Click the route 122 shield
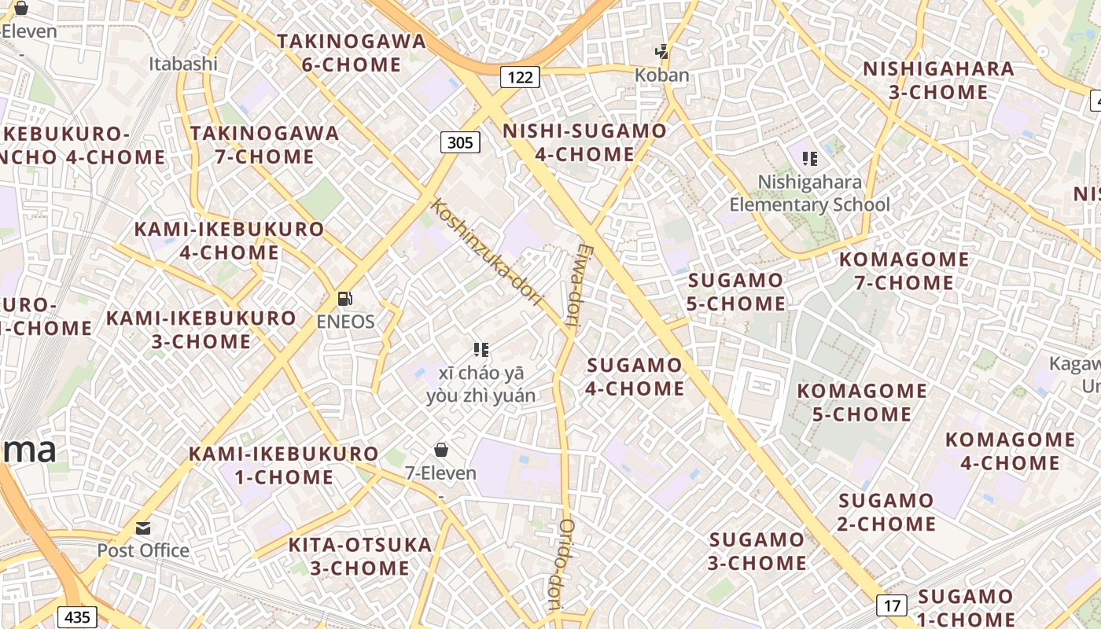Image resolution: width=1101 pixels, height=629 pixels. pos(520,76)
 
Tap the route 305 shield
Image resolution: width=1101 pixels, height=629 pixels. pos(459,142)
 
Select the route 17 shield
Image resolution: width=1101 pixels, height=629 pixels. pos(891,605)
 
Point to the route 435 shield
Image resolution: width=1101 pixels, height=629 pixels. pos(77,616)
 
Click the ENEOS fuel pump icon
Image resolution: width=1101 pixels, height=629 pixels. pos(344,299)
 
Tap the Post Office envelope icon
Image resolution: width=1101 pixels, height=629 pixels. pos(143,528)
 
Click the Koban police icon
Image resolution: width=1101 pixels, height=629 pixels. pos(662,52)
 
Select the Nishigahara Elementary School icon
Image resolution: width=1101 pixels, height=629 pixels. pos(810,159)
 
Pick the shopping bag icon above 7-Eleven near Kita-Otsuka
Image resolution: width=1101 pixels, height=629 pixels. pos(441,450)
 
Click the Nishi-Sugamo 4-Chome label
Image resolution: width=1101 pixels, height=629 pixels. pos(584,142)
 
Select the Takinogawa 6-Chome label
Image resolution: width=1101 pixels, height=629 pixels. pos(352,53)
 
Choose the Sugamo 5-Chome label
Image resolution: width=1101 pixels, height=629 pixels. pos(736,292)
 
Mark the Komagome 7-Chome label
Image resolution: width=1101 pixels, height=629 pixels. pos(904,270)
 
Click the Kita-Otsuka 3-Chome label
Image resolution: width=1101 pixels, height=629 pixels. pos(360,556)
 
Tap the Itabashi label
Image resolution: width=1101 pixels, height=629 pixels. pos(183,64)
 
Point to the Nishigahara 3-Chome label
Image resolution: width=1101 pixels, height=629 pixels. pos(938,80)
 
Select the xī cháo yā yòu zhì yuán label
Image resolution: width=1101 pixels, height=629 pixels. pos(481,384)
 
